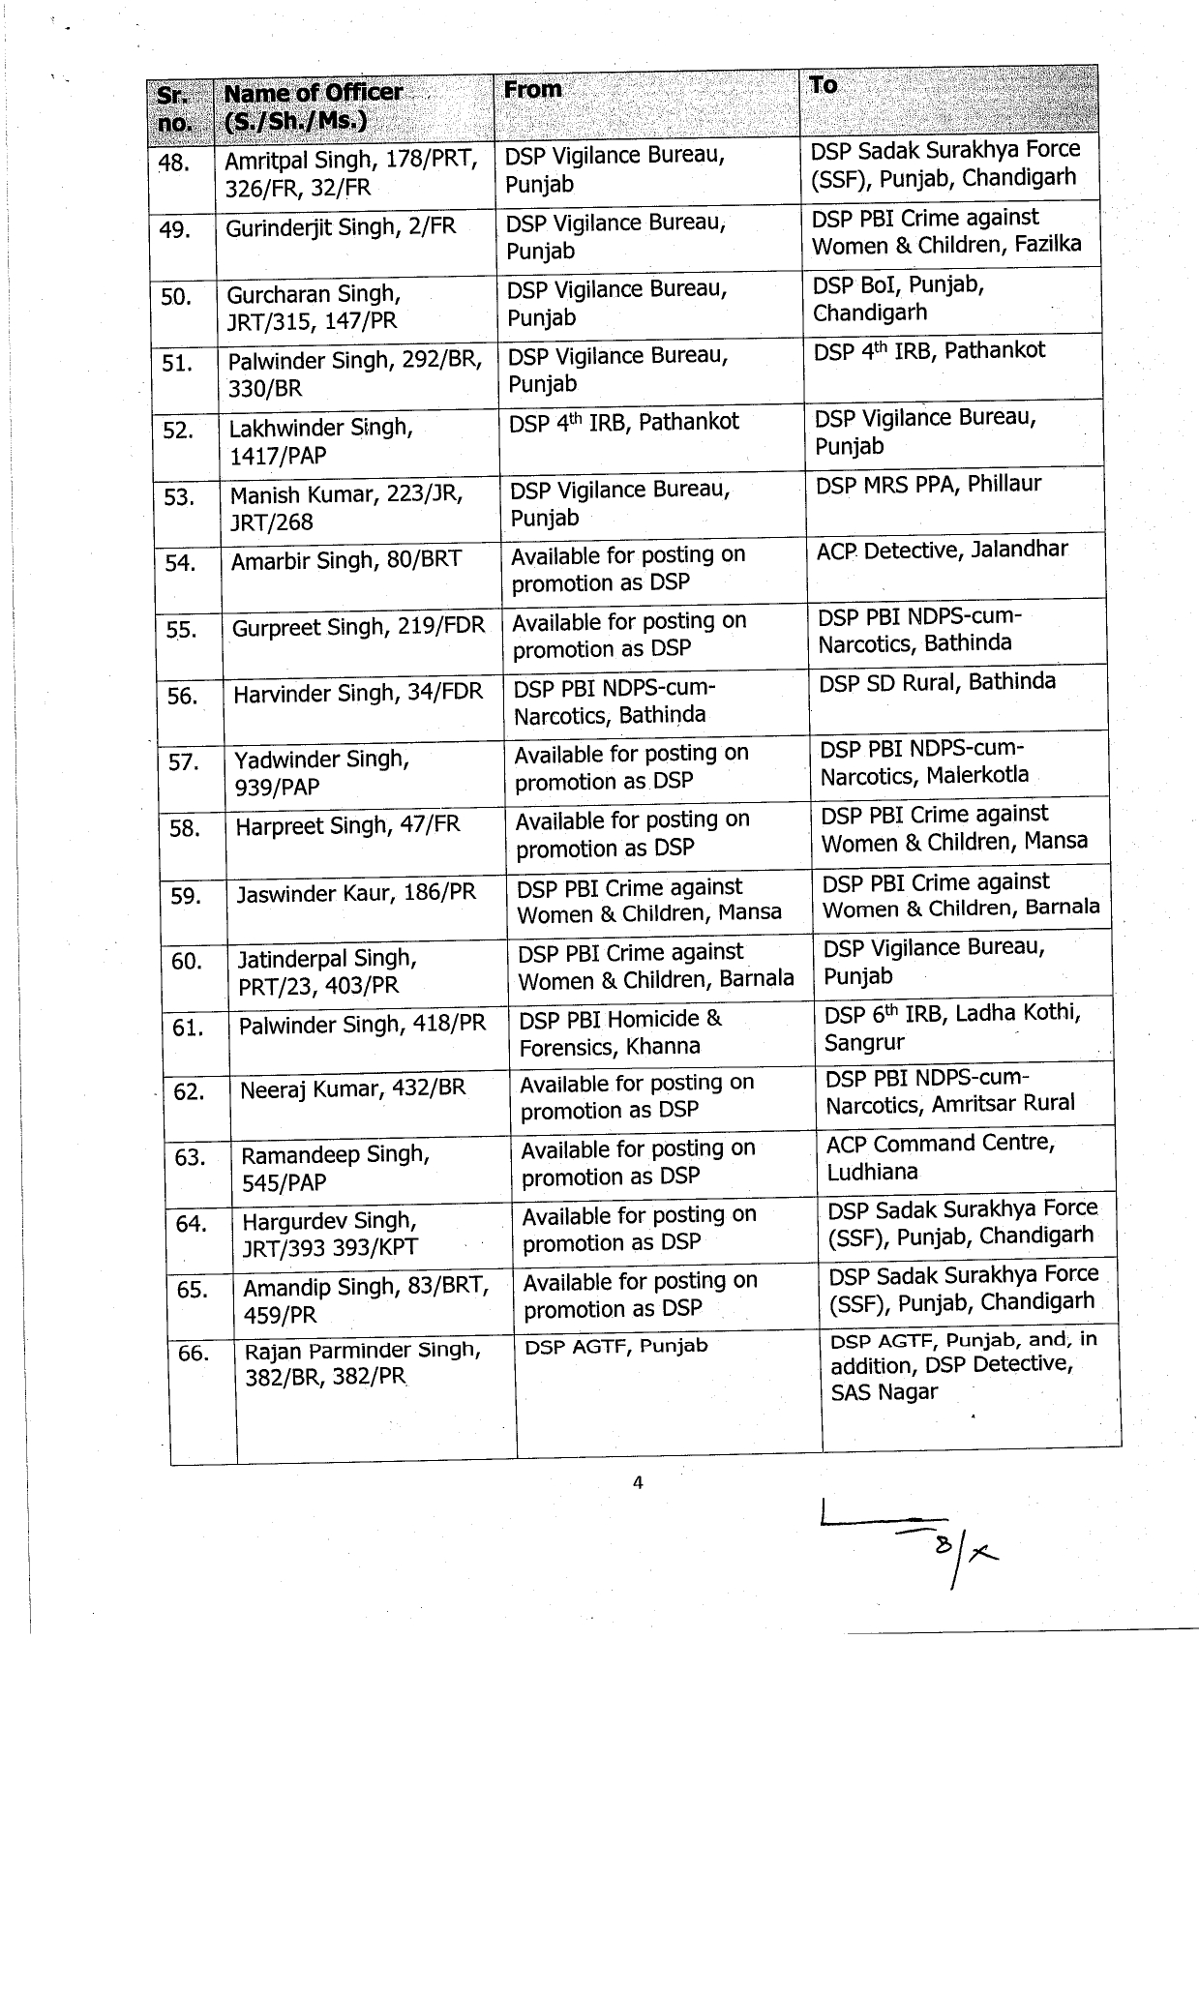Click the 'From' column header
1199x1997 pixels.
(x=532, y=90)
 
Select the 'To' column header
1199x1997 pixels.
(x=824, y=85)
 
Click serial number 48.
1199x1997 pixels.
(x=173, y=163)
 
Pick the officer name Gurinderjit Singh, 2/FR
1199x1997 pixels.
(x=341, y=228)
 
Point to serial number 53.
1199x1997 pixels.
(x=179, y=497)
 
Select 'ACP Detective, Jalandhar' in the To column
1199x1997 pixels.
(x=942, y=550)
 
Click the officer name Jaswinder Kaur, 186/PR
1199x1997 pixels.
(x=356, y=892)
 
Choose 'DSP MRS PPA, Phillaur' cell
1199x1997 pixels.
(x=928, y=484)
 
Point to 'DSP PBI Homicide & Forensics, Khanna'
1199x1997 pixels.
(x=619, y=1032)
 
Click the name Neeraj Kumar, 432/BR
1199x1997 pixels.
(x=352, y=1088)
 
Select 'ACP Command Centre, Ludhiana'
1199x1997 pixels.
(x=940, y=1157)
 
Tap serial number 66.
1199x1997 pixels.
(x=194, y=1352)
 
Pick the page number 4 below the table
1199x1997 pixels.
(x=638, y=1482)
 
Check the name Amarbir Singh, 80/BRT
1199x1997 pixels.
(x=346, y=560)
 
